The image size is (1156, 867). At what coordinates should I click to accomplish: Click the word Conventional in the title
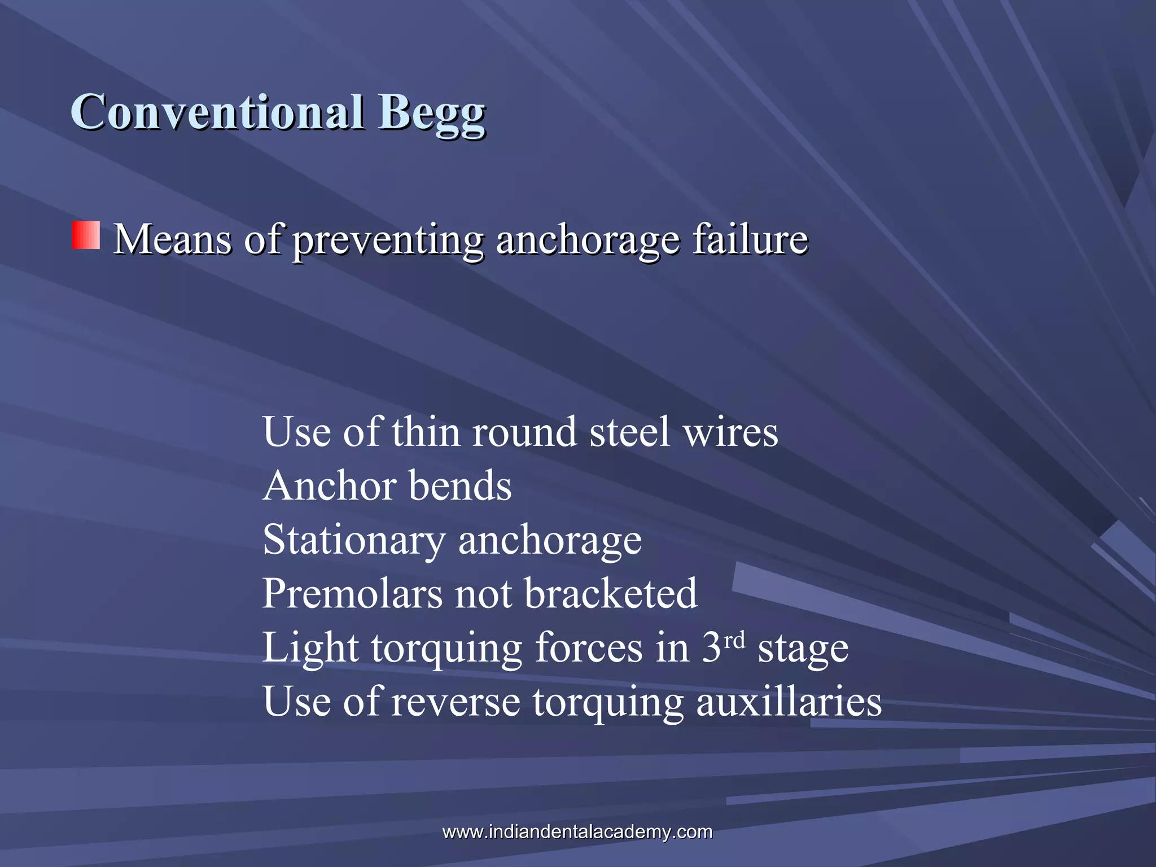click(x=217, y=112)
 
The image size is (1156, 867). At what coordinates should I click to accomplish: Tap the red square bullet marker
click(x=86, y=235)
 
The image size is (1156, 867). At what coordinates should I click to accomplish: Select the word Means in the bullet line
click(x=172, y=239)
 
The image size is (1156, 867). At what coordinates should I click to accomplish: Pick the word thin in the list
click(x=426, y=432)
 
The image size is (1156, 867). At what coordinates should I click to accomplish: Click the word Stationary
click(x=354, y=540)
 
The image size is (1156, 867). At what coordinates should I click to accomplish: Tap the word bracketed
click(x=611, y=594)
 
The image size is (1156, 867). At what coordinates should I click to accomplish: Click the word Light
click(x=310, y=648)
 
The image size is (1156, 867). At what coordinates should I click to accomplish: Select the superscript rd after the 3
click(x=734, y=640)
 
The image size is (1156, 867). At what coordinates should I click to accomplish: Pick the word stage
click(x=803, y=649)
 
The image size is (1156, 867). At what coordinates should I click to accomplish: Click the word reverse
click(x=456, y=702)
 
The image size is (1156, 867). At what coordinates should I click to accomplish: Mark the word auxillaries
click(x=789, y=702)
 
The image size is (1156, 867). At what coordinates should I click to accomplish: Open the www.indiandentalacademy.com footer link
click(x=577, y=831)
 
